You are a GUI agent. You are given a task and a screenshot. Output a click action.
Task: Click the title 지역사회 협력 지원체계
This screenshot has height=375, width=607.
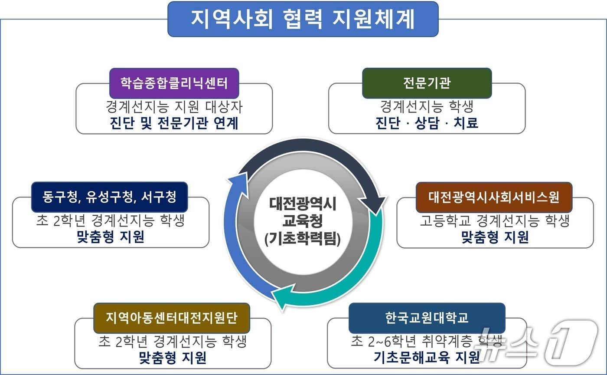tap(303, 19)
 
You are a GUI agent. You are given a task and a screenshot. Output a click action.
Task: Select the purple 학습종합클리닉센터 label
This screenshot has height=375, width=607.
tap(174, 83)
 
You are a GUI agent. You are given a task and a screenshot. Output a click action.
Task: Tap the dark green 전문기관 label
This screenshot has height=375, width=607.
tap(427, 83)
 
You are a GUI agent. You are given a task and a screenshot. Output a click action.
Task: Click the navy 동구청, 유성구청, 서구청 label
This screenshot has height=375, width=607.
tap(109, 197)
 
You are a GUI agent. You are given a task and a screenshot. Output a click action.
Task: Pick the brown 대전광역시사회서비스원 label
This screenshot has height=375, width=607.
tap(494, 197)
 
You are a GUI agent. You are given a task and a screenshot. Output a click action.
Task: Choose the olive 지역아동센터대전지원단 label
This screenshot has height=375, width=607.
tap(172, 318)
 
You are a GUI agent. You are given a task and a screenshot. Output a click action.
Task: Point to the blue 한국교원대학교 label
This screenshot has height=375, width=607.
tap(427, 318)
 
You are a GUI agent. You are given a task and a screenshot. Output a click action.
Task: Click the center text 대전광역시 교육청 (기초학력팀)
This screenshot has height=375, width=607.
tap(303, 221)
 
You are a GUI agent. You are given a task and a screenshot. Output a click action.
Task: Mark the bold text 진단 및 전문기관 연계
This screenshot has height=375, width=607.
tap(174, 123)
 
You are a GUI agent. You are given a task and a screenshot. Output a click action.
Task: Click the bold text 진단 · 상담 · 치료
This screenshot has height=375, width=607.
tap(427, 123)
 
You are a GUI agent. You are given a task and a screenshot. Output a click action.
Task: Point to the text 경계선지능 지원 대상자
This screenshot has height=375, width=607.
tap(174, 106)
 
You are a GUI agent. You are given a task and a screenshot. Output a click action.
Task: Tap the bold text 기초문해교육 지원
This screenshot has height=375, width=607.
tap(427, 357)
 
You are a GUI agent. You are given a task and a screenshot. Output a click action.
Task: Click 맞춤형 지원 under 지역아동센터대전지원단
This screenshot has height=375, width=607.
tap(172, 357)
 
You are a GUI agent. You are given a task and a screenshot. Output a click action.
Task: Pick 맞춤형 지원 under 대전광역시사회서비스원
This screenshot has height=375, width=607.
tap(495, 237)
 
